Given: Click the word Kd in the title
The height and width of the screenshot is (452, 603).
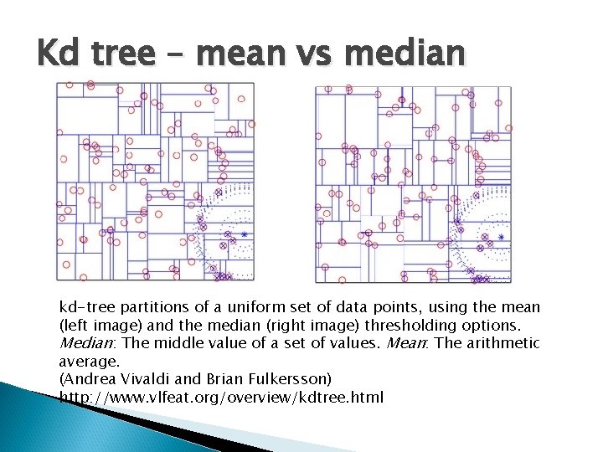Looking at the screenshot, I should (x=57, y=54).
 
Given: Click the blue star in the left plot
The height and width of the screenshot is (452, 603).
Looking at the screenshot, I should (x=245, y=235).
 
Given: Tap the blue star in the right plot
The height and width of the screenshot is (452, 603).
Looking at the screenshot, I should (x=501, y=238).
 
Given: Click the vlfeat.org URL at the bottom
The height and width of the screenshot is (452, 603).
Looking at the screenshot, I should (x=221, y=397).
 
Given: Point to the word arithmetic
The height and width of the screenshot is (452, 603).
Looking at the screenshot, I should (x=508, y=343).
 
